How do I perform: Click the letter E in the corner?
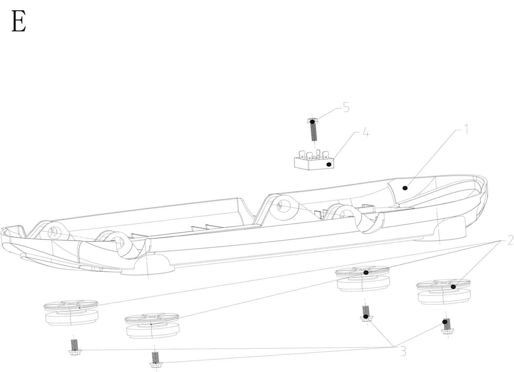point(19,21)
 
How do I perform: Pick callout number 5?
point(346,107)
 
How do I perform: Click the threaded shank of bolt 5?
point(314,133)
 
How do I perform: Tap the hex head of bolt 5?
point(312,121)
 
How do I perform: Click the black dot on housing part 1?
point(405,188)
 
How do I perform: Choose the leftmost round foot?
point(71,312)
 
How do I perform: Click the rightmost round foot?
point(444,292)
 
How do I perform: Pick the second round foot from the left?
point(152,325)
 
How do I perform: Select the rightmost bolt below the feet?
point(447,326)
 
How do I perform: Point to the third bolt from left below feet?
point(366,313)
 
